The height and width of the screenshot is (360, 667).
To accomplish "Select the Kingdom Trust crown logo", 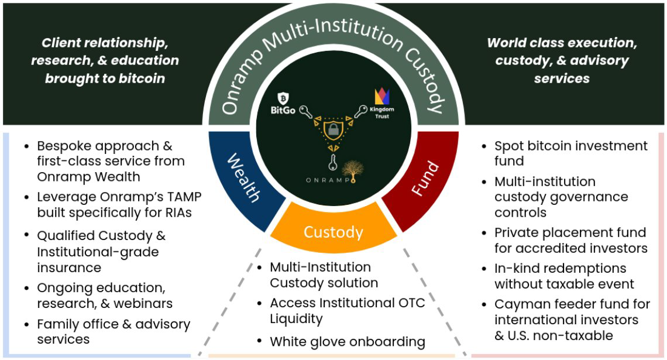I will (x=380, y=97).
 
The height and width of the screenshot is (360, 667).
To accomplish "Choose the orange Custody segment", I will (x=333, y=232).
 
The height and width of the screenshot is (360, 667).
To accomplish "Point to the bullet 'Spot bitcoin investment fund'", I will (x=571, y=153).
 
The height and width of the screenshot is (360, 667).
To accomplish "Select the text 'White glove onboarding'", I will (x=348, y=342).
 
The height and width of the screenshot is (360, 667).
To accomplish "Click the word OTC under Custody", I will (x=411, y=303).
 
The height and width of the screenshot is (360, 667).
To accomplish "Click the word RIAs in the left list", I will (x=175, y=212).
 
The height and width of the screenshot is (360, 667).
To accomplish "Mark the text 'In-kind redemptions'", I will (x=560, y=269).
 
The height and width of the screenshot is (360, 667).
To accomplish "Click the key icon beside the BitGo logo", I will (x=305, y=111).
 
